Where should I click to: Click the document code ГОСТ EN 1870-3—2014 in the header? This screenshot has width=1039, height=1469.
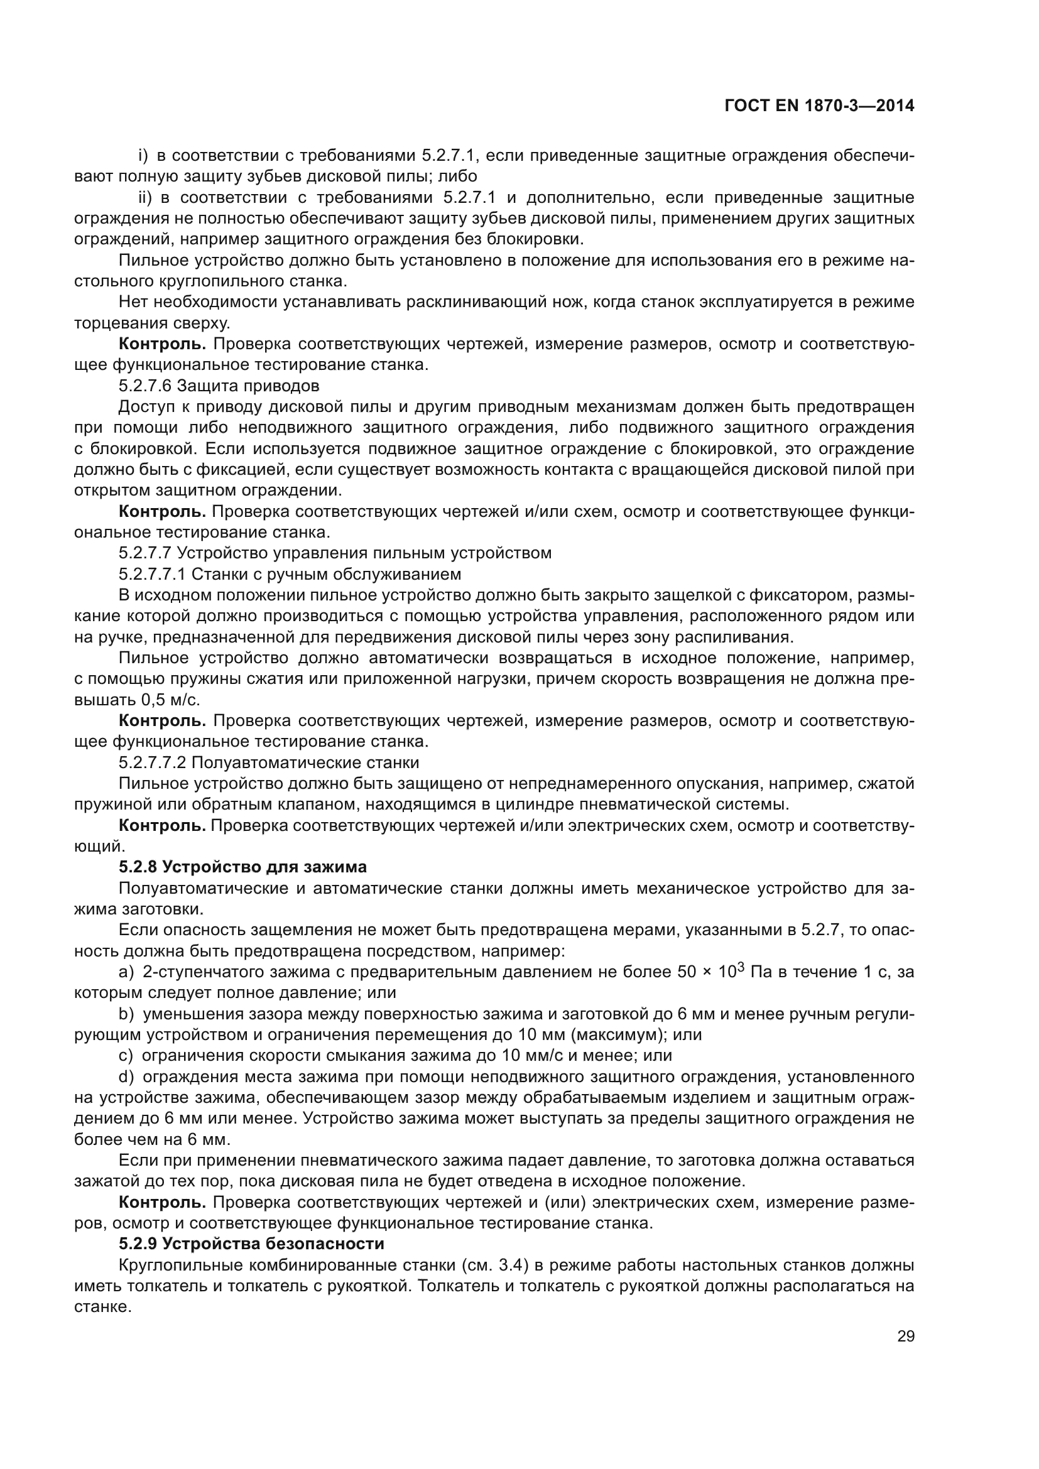[819, 106]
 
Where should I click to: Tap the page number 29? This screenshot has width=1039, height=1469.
[905, 1336]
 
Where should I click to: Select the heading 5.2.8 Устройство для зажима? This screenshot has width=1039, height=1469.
[242, 867]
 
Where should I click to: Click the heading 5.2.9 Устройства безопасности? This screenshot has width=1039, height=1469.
[251, 1244]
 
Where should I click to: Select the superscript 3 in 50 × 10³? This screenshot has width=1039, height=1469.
[740, 967]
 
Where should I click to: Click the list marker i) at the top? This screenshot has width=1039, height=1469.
[143, 156]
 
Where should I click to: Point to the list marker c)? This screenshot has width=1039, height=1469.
[126, 1056]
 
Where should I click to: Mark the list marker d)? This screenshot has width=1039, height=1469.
[126, 1077]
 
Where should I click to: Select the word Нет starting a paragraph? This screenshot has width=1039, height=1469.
[134, 302]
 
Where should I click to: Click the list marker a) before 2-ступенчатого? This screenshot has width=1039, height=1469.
[126, 972]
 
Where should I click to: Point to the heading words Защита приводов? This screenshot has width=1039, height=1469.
[248, 386]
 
